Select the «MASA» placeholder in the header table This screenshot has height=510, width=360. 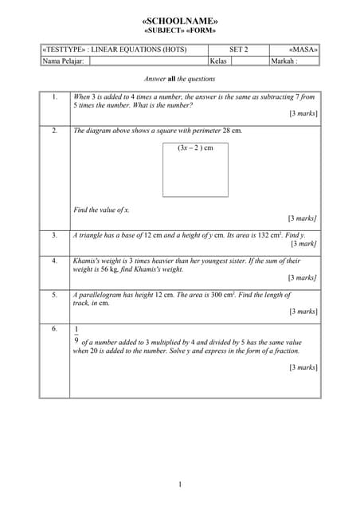pos(303,49)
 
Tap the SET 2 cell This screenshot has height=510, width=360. pos(238,49)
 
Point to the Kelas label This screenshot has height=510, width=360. pos(218,61)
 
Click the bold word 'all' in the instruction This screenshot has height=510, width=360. pos(171,79)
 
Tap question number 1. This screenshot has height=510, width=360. pos(54,96)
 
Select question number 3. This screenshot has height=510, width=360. pos(54,235)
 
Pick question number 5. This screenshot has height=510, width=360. pos(54,295)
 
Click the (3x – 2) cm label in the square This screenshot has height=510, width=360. pos(195,147)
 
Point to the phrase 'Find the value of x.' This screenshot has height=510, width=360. pos(101,210)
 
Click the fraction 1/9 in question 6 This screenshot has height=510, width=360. pos(76,334)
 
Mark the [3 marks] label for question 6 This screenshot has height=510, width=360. pos(303,367)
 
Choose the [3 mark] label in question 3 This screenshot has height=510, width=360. pos(304,244)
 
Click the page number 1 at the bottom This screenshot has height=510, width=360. pos(180,484)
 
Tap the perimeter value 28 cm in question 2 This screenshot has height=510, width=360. pos(232,130)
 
